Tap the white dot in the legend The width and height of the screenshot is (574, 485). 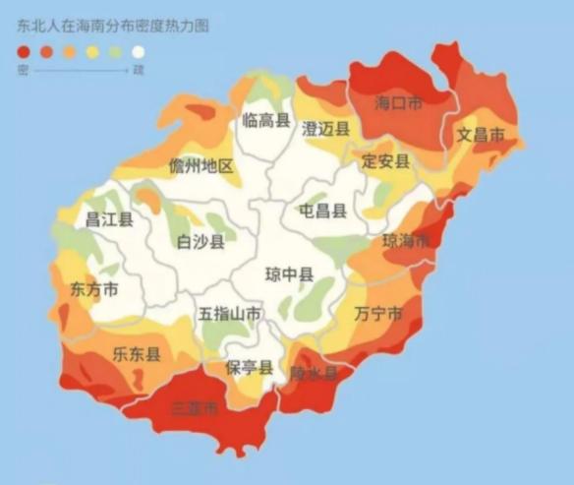point(138,52)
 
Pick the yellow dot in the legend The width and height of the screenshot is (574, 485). point(92,52)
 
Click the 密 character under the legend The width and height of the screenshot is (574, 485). point(23,70)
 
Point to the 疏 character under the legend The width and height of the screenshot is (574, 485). point(138,70)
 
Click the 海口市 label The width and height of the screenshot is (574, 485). point(399,101)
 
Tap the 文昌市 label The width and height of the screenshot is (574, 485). point(481,135)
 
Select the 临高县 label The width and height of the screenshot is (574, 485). point(266,121)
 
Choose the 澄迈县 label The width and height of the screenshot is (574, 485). point(326,129)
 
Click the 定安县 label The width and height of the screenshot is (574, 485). point(385,160)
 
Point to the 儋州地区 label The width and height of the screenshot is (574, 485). point(201,165)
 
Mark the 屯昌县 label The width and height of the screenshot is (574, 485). point(322,211)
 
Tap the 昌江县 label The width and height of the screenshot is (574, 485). point(109,219)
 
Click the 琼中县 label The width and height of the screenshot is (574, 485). point(289,274)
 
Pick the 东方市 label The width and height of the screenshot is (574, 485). point(94,290)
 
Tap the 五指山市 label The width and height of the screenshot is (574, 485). point(230,314)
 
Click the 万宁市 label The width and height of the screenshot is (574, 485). point(377,314)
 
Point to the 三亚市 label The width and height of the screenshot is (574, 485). point(195,408)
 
